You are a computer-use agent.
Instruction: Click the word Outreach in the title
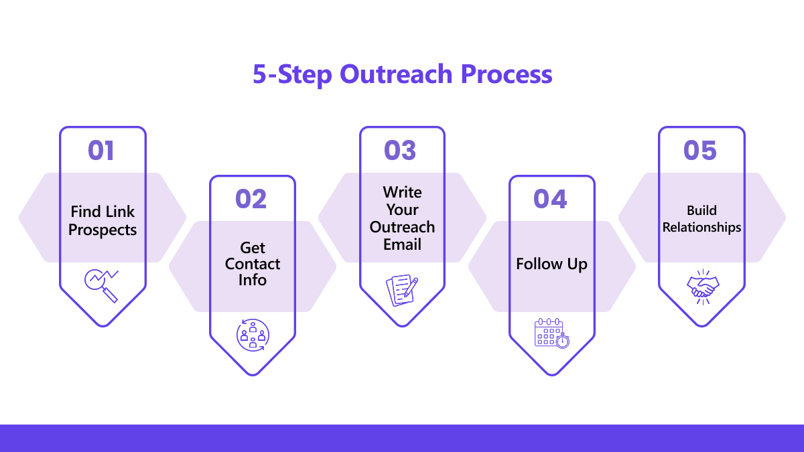(x=396, y=74)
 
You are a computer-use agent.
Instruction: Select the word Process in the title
(x=507, y=74)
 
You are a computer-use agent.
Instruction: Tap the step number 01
(x=101, y=150)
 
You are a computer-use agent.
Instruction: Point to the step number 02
(x=251, y=199)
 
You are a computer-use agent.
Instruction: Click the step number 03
(x=400, y=150)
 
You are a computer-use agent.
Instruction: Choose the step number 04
(x=550, y=199)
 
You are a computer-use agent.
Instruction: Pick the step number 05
(x=700, y=150)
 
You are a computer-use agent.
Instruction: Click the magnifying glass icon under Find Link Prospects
(x=102, y=286)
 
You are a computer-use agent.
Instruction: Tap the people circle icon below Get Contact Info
(x=253, y=335)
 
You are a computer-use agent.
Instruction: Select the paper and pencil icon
(x=402, y=290)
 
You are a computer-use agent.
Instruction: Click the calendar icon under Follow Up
(x=552, y=333)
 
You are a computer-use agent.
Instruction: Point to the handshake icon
(x=703, y=287)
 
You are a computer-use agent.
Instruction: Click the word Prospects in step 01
(x=103, y=230)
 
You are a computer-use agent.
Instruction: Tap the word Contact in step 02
(x=253, y=264)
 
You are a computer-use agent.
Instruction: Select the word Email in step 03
(x=402, y=244)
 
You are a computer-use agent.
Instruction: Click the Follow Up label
(x=551, y=265)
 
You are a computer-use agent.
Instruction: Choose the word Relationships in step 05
(x=701, y=228)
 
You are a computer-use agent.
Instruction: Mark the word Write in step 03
(x=403, y=192)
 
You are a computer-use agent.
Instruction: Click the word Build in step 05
(x=701, y=210)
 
